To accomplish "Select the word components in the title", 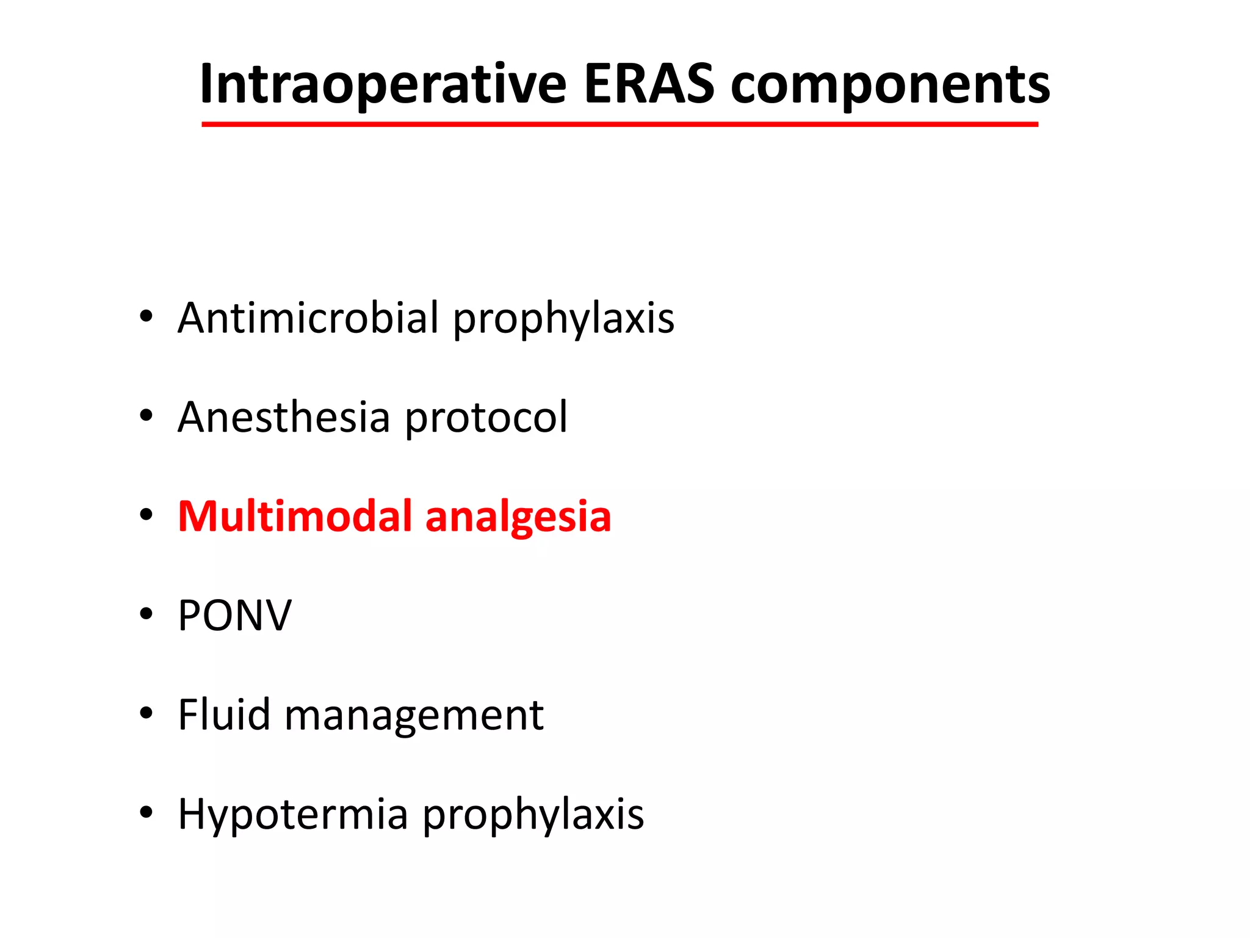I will [x=890, y=85].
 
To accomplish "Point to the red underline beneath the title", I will [x=620, y=124].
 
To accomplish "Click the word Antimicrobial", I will [x=308, y=318].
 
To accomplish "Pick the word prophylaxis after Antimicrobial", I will [x=563, y=319].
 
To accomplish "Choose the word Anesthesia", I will [x=283, y=418].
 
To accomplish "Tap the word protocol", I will [x=486, y=419].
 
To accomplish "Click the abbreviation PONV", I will [x=234, y=616].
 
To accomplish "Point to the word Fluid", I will [x=224, y=714].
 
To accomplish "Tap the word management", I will [x=414, y=716].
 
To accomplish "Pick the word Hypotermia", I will [x=292, y=815].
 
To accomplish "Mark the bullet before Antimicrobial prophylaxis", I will [x=145, y=317].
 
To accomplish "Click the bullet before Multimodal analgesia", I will [x=145, y=515].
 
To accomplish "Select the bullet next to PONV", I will [x=145, y=614].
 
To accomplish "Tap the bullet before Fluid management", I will [x=145, y=713].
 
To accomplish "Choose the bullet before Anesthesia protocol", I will [x=145, y=416].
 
